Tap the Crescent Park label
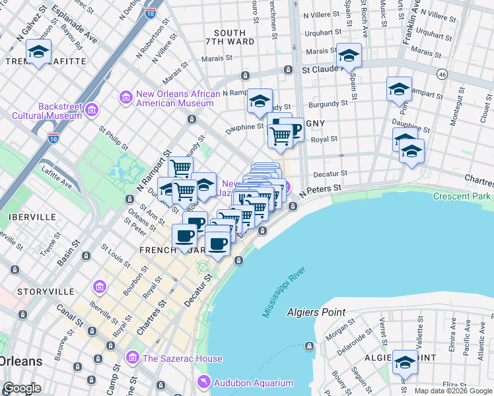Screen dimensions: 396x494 click(x=462, y=197)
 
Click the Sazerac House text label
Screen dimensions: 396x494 click(x=182, y=358)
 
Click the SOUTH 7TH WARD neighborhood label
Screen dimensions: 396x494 click(x=230, y=38)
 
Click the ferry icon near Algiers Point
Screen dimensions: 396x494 click(x=308, y=346)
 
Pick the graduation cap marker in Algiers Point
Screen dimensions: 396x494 click(x=406, y=362)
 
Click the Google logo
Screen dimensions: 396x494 click(x=22, y=388)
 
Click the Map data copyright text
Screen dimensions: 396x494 click(x=453, y=391)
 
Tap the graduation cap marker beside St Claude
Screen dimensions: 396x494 click(x=349, y=55)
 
